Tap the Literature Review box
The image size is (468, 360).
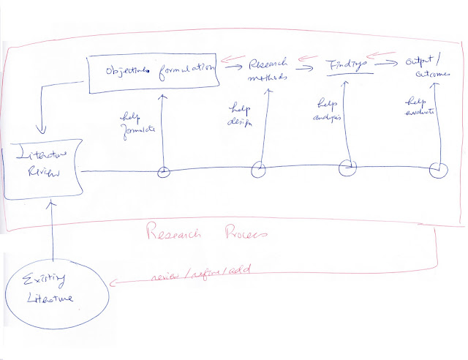click(x=41, y=173)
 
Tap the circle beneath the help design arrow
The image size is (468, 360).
click(x=259, y=170)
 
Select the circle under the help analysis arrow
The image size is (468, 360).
click(x=348, y=170)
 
